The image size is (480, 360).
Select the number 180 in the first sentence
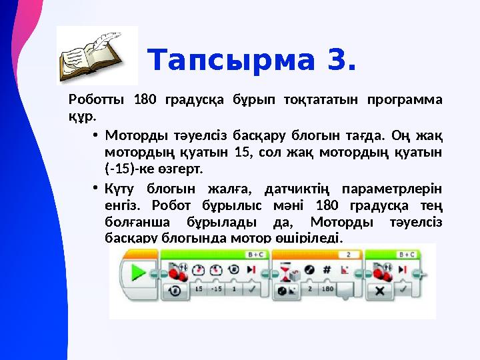pos(145,101)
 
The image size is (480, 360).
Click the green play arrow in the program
pos(139,273)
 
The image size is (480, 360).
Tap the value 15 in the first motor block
pos(198,291)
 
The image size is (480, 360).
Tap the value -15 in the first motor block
pos(216,291)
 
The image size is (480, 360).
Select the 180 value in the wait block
pos(327,291)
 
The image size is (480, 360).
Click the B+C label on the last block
pos(406,254)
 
